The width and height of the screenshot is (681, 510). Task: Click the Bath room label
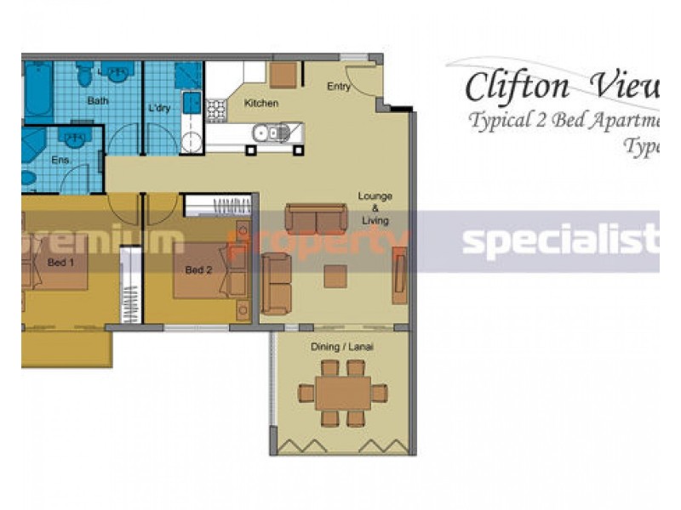tap(98, 101)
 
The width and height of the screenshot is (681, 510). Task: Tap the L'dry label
tap(159, 109)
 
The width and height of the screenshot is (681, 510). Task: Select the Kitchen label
tap(261, 104)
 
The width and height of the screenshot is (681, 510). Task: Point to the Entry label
tap(339, 87)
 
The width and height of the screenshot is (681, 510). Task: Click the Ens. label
tap(60, 159)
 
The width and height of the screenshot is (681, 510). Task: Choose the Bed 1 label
tap(60, 263)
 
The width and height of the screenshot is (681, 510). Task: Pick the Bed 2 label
tap(198, 271)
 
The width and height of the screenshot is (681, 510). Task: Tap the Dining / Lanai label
tap(344, 348)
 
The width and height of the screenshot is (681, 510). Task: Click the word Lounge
tap(375, 196)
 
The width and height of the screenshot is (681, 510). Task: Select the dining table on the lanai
tap(342, 394)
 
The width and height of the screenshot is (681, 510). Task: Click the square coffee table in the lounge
tap(335, 276)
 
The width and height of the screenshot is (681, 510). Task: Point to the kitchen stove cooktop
tap(216, 110)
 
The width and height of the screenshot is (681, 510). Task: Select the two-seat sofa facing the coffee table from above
tap(316, 218)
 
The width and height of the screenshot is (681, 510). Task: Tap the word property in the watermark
tap(320, 242)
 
